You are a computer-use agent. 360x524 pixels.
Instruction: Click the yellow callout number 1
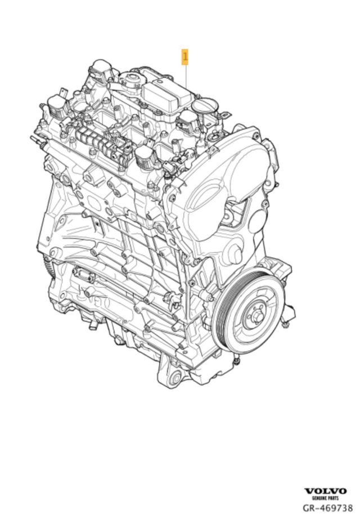tap(184, 57)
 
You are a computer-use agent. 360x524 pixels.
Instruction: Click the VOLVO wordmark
tap(326, 491)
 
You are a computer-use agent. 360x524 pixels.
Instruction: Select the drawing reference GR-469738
tap(327, 508)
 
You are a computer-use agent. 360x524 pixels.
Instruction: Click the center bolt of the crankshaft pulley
tap(254, 315)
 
